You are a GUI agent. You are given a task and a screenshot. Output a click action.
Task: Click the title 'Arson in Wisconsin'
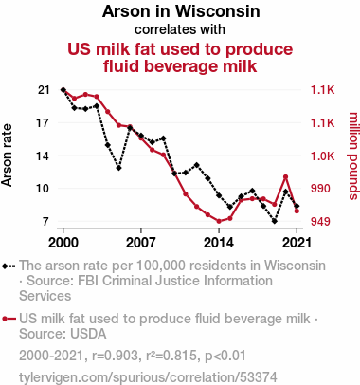[181, 11]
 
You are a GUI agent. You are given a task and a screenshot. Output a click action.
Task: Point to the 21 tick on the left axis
[44, 90]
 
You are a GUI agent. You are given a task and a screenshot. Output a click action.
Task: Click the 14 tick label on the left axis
[44, 156]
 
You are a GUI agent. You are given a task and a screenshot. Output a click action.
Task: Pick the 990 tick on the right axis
[320, 189]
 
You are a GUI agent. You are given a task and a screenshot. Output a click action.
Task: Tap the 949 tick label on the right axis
[320, 222]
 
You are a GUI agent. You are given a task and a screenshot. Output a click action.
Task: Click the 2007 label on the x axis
[141, 243]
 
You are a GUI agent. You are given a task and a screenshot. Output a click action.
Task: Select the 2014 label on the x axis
[219, 243]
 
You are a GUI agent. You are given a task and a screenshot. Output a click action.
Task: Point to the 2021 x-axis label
[297, 243]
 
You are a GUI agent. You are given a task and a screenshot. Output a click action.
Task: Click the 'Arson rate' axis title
[7, 156]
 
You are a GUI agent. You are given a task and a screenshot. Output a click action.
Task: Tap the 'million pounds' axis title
[353, 156]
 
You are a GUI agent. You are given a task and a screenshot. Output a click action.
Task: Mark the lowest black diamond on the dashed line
[275, 221]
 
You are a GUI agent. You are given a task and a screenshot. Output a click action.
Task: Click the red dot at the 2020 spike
[285, 177]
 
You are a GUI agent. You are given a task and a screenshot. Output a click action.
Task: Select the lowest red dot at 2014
[219, 221]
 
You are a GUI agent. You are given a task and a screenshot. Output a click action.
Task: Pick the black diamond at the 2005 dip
[118, 168]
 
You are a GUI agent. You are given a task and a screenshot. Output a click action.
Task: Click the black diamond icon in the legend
[5, 266]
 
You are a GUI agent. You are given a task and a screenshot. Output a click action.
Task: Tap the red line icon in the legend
[9, 319]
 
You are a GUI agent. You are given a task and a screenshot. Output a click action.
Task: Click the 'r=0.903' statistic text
[115, 356]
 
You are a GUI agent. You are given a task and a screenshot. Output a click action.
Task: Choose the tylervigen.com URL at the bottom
[148, 377]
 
